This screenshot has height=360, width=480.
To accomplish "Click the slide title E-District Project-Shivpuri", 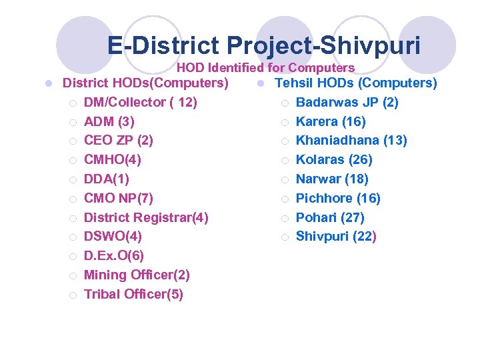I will click(x=264, y=46).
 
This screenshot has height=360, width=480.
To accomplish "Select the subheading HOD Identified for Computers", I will click(x=265, y=67).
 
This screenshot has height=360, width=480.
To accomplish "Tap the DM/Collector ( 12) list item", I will click(x=140, y=102).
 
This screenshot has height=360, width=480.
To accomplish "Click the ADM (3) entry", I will click(x=109, y=121).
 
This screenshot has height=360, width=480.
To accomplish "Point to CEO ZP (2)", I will click(x=118, y=141).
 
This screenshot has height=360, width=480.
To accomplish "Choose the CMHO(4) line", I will click(x=112, y=160).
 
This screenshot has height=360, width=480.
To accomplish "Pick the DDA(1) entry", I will click(x=107, y=179).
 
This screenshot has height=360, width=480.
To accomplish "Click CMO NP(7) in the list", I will click(x=118, y=199).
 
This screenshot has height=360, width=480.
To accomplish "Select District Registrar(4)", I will click(x=146, y=217).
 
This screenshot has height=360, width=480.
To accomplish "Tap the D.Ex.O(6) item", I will click(x=113, y=256).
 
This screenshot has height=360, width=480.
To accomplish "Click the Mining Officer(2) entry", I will click(x=137, y=275).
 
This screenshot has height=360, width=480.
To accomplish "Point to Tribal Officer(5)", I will click(x=133, y=295).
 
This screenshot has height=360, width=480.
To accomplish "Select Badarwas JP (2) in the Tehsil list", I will click(x=347, y=102).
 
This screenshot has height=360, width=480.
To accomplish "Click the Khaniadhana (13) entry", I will click(x=351, y=141).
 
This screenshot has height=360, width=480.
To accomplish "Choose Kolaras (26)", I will click(x=334, y=160).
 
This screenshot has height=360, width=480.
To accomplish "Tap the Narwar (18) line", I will click(x=332, y=179).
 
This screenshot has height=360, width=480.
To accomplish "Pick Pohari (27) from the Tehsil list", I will click(x=330, y=217).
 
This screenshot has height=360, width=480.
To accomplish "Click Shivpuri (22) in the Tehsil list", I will click(x=336, y=237).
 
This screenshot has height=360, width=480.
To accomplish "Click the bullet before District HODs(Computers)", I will click(x=49, y=83).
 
